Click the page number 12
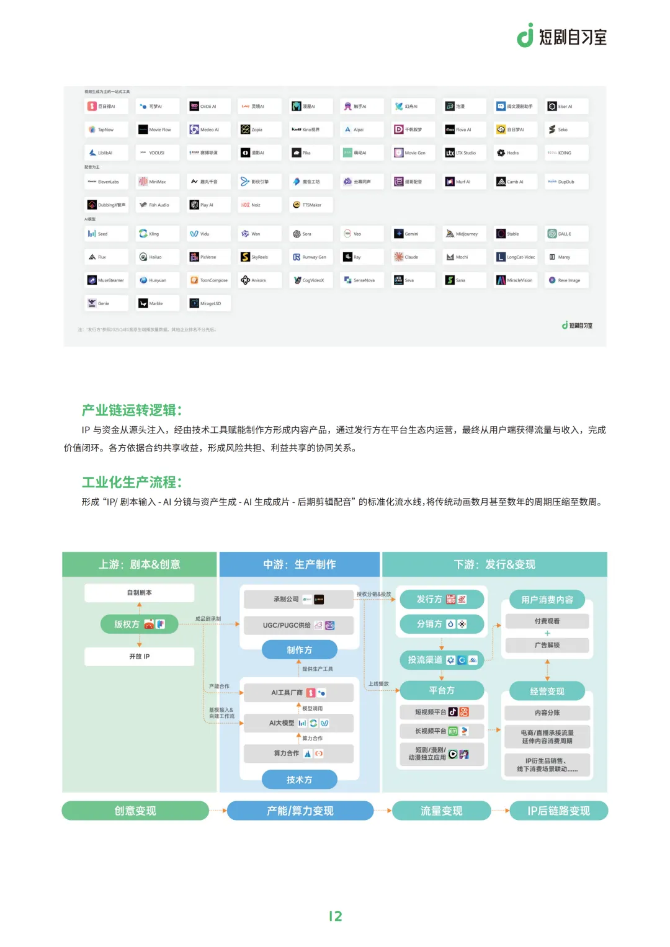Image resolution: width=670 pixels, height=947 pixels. [335, 916]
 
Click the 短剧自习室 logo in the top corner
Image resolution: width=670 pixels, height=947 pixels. [562, 36]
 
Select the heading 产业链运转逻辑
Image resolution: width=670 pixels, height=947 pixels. [132, 410]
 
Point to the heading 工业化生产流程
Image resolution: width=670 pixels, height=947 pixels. [132, 482]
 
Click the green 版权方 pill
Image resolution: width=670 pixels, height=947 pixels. [139, 624]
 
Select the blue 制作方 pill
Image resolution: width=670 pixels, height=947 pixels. [300, 650]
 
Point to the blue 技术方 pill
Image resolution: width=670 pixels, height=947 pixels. [300, 780]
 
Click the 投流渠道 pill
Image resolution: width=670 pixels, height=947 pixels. [442, 660]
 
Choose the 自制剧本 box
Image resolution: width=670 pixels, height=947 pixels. [140, 593]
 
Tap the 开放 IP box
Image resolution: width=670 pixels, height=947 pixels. [140, 656]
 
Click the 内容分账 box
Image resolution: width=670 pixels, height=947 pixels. [547, 713]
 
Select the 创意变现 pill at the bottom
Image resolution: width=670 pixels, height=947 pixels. [135, 811]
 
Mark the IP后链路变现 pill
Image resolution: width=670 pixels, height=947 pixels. [558, 811]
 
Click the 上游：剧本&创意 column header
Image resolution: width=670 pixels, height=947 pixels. [140, 564]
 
